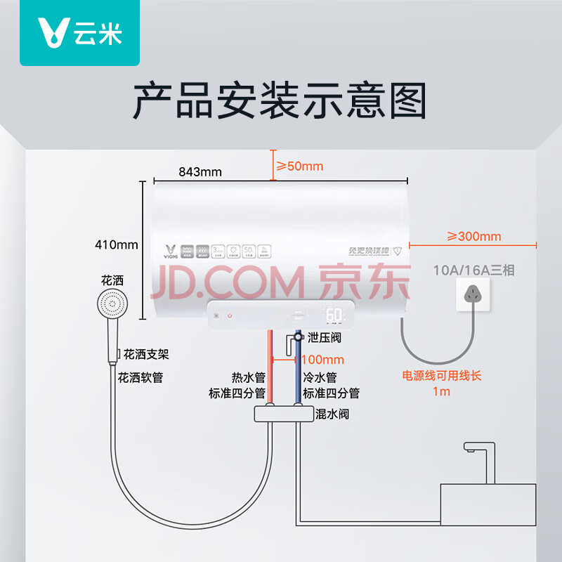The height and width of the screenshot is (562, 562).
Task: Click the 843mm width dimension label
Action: [x=200, y=171]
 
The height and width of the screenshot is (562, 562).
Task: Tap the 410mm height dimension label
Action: [x=117, y=244]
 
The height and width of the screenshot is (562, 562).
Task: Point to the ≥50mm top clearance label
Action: [x=299, y=166]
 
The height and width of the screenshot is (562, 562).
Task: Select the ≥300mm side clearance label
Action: [x=474, y=236]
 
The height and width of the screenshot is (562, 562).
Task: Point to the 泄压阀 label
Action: [x=324, y=338]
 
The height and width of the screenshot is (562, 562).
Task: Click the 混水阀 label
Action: [x=332, y=414]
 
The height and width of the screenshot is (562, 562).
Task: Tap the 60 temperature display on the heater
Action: [x=334, y=315]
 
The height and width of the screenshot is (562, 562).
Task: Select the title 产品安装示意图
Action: [x=280, y=100]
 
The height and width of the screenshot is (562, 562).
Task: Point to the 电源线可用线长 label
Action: [x=441, y=376]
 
